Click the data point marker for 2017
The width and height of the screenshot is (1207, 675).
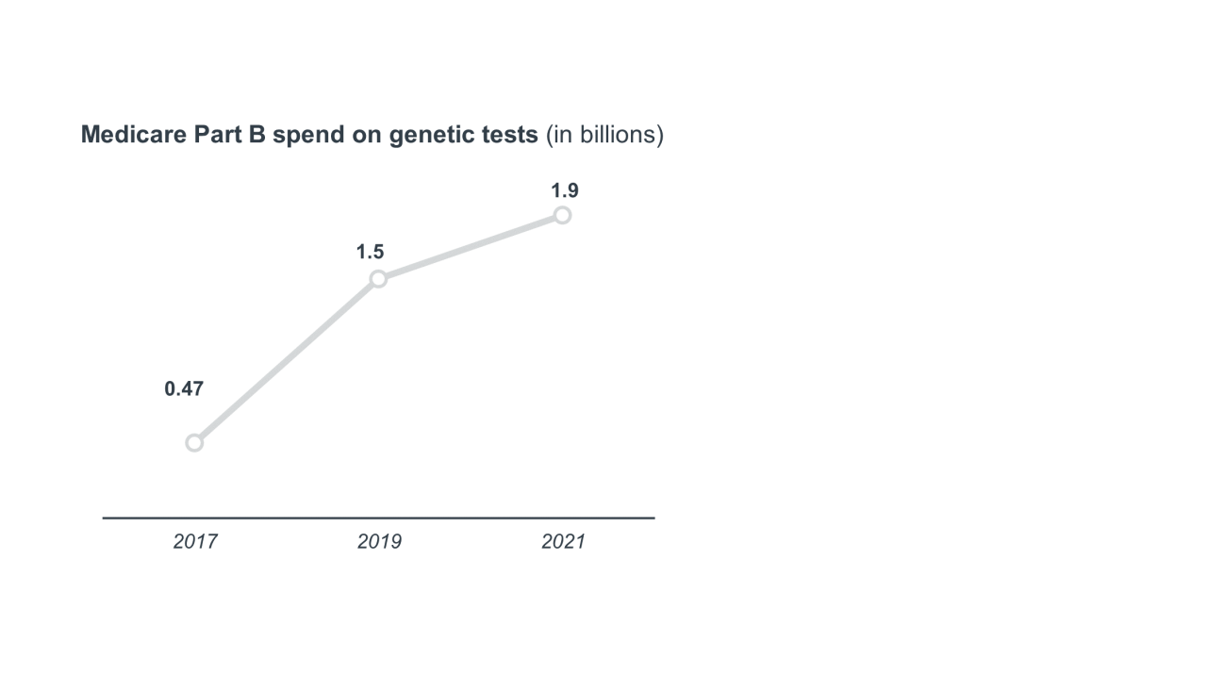(x=194, y=442)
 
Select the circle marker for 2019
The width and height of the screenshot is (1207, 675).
(x=378, y=278)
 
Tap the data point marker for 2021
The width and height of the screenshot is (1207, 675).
(x=562, y=215)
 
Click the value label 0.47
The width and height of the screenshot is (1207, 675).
(x=184, y=389)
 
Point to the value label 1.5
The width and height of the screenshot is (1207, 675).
(x=370, y=252)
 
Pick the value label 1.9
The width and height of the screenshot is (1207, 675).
(x=565, y=190)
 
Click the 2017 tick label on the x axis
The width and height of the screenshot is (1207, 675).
(x=195, y=542)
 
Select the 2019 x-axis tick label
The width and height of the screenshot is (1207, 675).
(x=379, y=542)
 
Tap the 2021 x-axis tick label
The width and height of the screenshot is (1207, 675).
(x=563, y=542)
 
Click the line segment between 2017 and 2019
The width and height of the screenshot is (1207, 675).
(x=286, y=360)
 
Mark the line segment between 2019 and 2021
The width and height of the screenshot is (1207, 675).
(x=470, y=247)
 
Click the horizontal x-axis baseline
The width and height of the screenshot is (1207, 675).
(x=377, y=518)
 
